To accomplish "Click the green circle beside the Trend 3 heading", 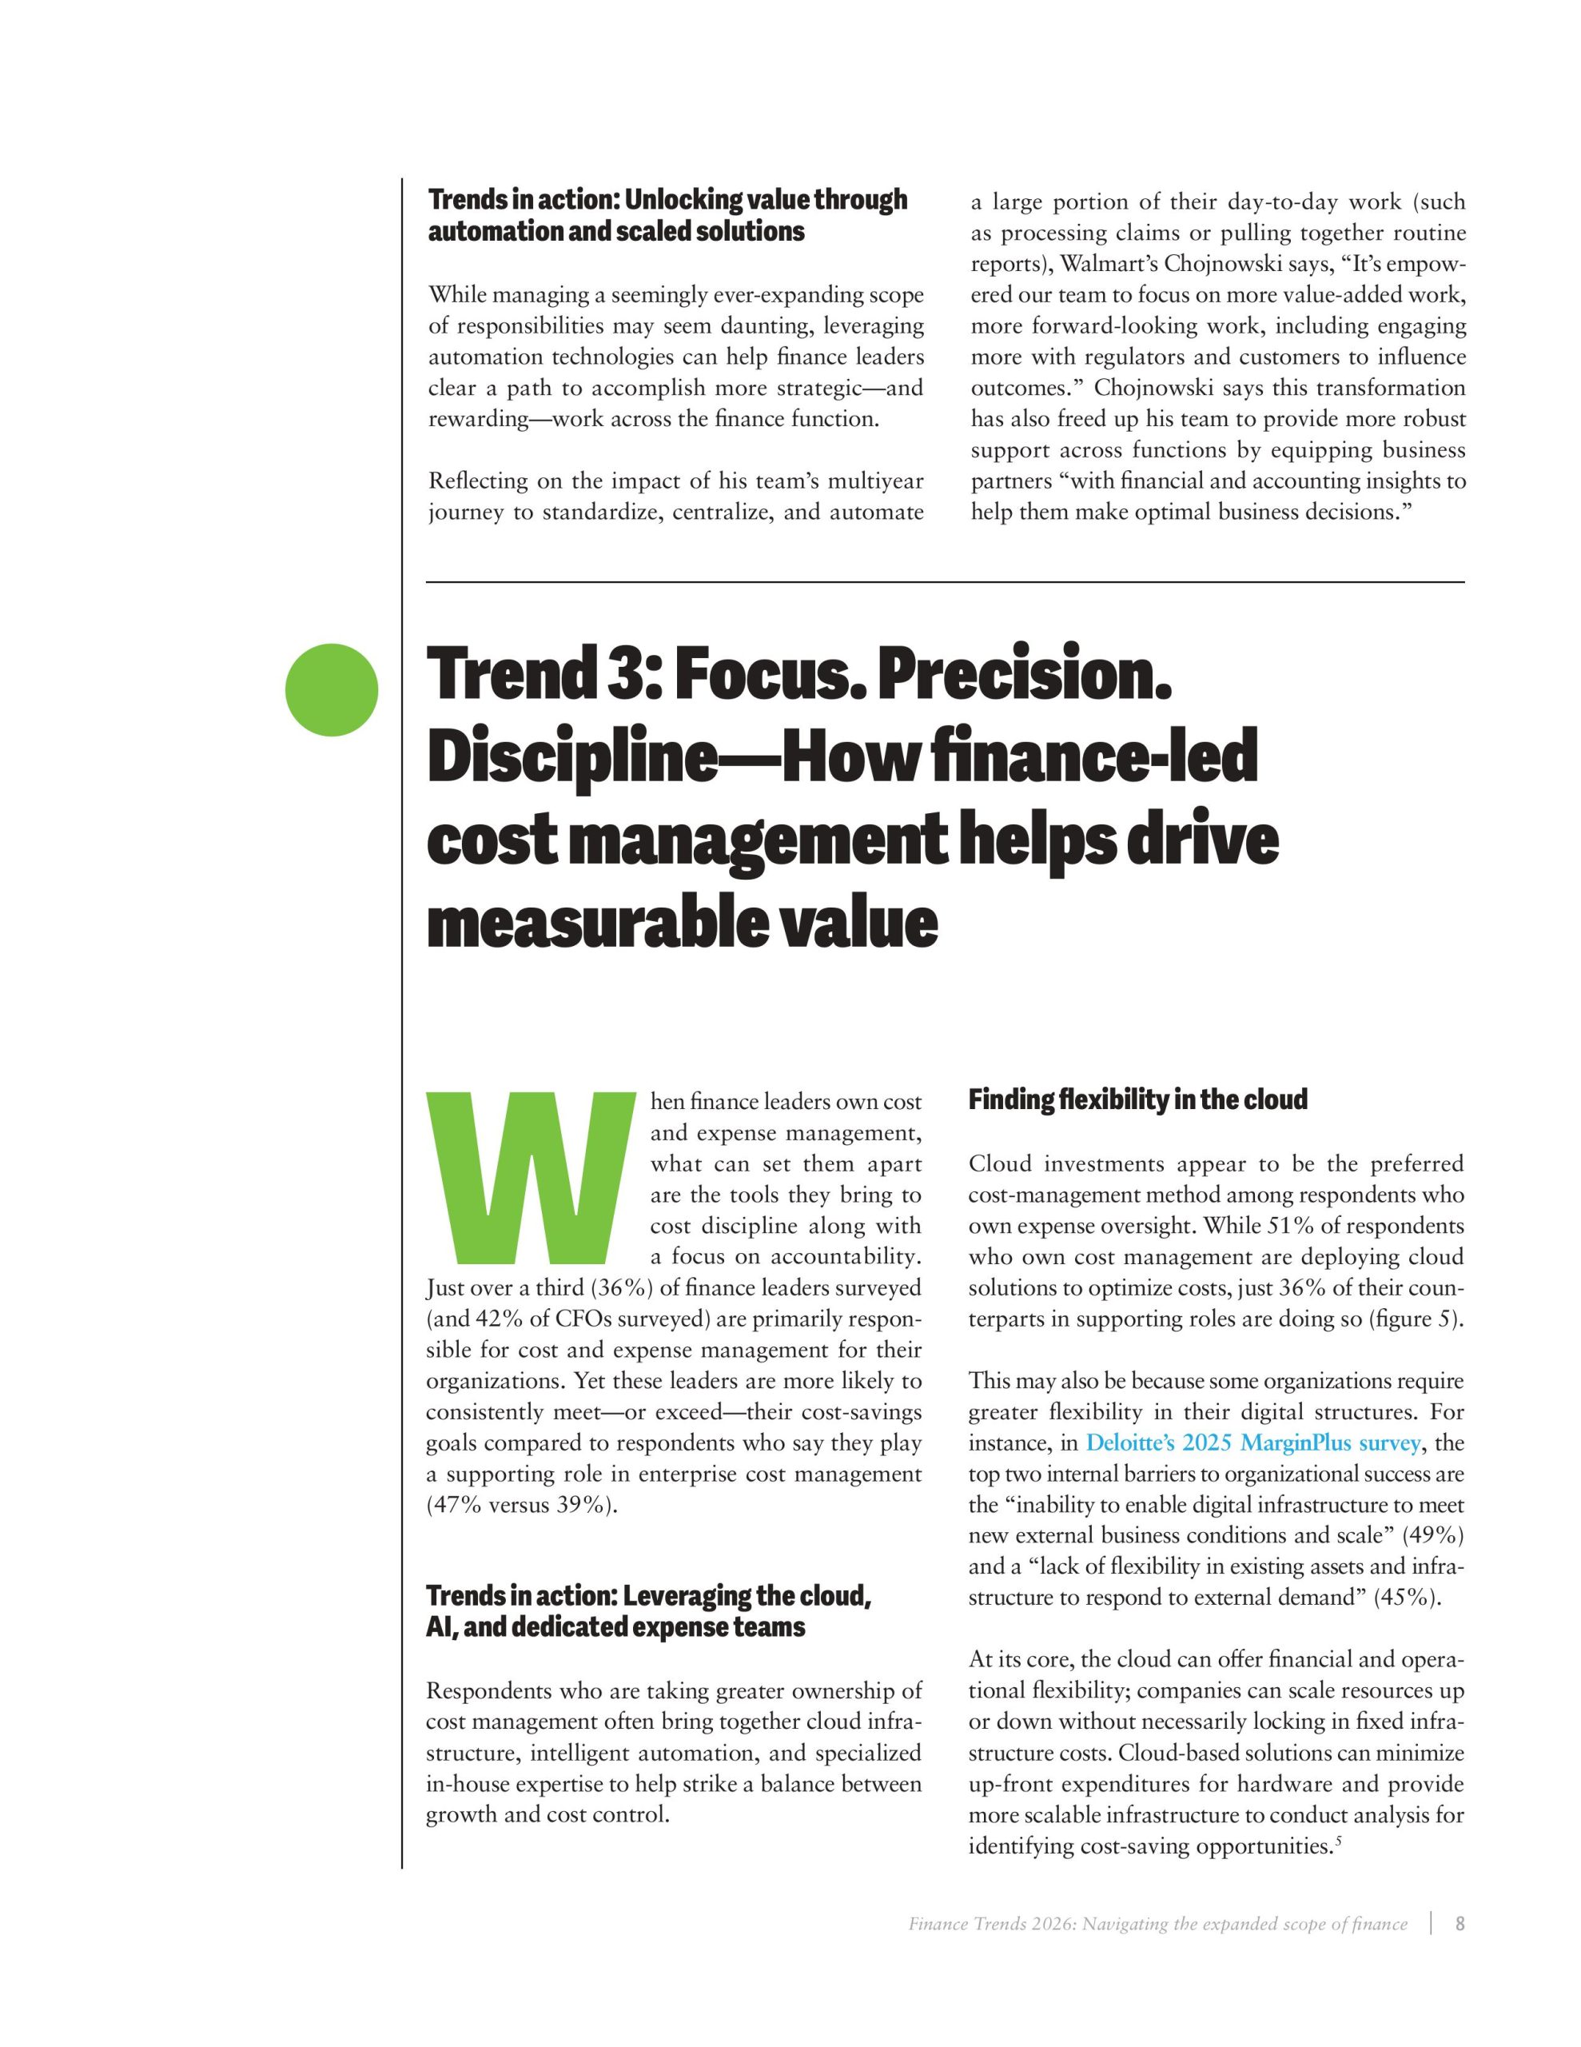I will tap(332, 690).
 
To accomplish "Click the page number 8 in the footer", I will tap(1460, 1924).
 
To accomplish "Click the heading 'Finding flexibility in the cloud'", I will tap(1137, 1099).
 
